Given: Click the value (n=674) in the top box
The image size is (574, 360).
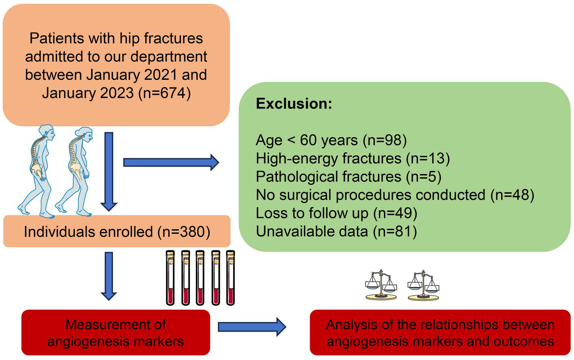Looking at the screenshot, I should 164,93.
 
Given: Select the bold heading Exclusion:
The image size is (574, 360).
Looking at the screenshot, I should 294,104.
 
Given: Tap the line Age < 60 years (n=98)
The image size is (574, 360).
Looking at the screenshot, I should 331,140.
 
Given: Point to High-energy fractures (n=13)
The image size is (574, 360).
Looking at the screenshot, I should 353,158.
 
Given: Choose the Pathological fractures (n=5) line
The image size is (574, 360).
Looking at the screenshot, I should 349,177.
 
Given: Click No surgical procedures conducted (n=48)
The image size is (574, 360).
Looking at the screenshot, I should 395,195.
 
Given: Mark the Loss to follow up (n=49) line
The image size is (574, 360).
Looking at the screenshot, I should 336,213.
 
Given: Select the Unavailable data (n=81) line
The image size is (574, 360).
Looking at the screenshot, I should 336,231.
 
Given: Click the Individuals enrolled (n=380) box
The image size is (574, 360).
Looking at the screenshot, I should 117,232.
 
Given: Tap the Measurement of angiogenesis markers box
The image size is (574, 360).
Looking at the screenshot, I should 116,332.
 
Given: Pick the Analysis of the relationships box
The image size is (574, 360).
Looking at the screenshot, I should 440,332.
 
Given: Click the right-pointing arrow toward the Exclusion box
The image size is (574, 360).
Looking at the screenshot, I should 171,162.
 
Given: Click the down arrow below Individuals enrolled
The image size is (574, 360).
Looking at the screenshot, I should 108,275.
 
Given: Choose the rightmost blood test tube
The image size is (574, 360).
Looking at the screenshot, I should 230,277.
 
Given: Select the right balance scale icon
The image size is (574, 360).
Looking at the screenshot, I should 423,285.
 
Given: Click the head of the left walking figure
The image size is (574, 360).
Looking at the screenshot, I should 46,132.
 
